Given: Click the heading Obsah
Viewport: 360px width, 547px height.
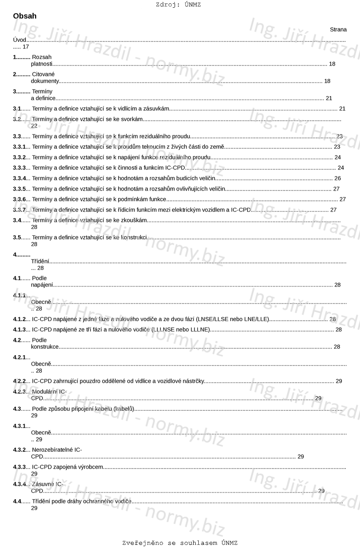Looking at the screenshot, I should [x=25, y=16].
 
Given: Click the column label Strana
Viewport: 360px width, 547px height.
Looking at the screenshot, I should [x=338, y=29].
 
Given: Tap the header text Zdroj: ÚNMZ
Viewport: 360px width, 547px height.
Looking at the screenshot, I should [x=178, y=5].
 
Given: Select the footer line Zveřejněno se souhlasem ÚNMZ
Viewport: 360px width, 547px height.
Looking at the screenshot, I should [x=180, y=543].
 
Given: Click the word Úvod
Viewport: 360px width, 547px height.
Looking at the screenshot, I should [x=20, y=40].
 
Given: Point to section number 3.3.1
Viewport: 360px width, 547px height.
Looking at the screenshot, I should [x=19, y=147].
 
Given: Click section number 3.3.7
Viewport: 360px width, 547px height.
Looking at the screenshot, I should [x=19, y=210].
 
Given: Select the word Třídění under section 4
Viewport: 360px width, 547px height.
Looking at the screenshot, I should [x=40, y=261].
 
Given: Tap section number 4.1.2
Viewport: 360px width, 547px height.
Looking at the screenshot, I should [x=19, y=319].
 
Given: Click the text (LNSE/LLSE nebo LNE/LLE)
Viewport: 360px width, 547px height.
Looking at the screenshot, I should [x=232, y=319].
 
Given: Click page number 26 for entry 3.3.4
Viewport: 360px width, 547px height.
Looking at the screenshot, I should [x=338, y=178].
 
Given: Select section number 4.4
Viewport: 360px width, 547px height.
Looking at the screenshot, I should [x=17, y=501].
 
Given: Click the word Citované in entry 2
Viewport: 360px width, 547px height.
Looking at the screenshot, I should [x=44, y=74].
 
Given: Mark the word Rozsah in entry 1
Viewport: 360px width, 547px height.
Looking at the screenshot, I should [x=42, y=57].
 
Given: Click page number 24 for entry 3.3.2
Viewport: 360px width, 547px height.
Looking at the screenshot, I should [x=338, y=157].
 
